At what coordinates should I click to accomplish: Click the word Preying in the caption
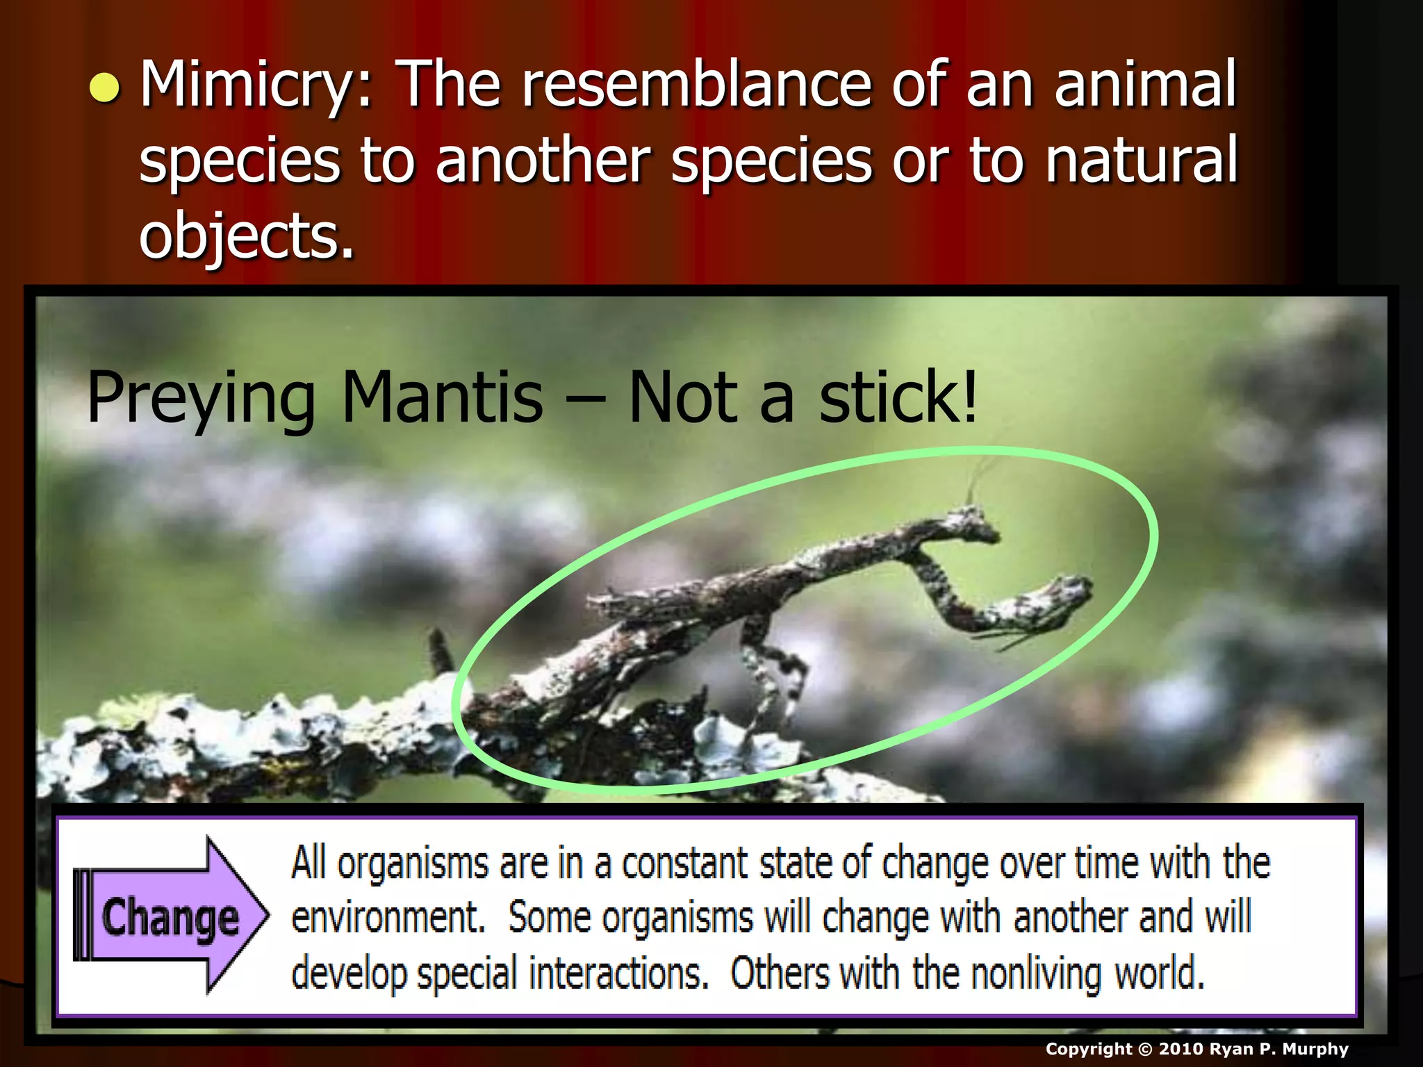coord(201,398)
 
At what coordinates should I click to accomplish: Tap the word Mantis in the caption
coord(443,398)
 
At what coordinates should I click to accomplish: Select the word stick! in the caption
coord(898,398)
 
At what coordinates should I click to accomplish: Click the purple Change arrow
coord(170,916)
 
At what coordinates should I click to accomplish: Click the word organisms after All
coord(413,864)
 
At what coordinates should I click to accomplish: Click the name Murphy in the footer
coord(1315,1049)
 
